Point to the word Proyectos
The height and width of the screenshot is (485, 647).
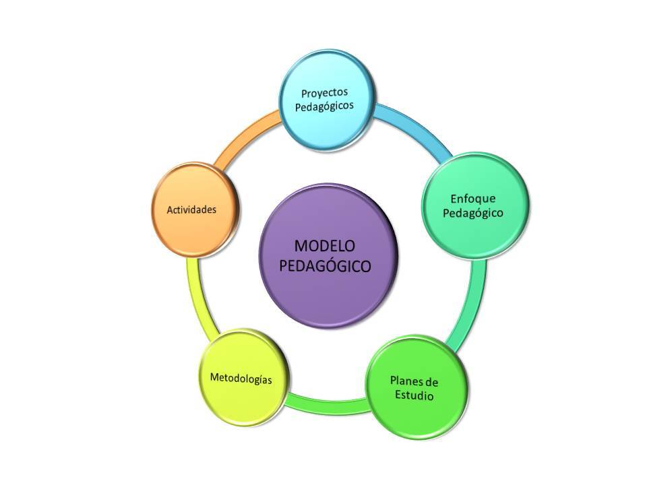(326, 92)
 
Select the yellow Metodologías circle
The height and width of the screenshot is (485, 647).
(241, 379)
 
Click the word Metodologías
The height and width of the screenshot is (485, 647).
(241, 379)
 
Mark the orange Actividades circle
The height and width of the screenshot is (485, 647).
(192, 209)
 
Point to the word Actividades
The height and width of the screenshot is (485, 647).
(192, 209)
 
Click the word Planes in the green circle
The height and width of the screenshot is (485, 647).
(405, 382)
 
